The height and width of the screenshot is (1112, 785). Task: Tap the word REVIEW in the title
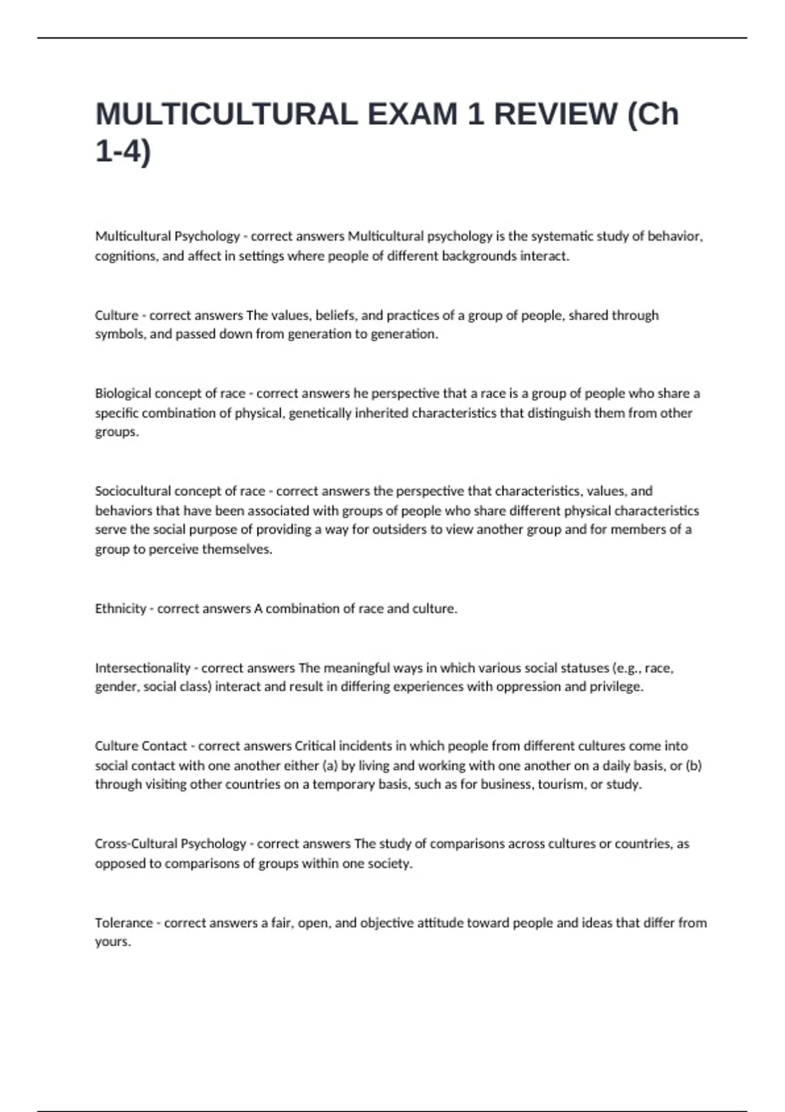point(555,114)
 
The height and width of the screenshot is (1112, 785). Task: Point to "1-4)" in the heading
point(123,152)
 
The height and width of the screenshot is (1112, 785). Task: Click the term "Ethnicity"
point(120,609)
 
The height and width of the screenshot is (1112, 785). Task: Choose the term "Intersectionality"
point(142,668)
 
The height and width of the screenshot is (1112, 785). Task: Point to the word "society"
point(390,863)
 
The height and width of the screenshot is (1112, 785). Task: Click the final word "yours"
point(112,942)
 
